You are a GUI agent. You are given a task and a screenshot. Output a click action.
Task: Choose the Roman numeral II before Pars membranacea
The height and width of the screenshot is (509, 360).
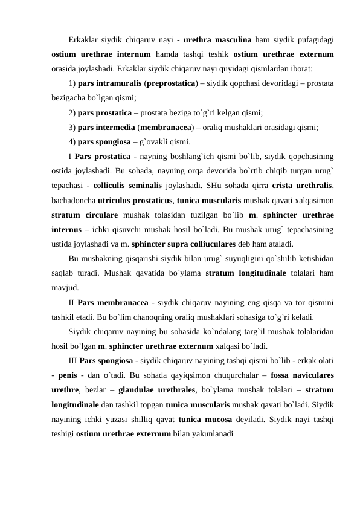(71, 303)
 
